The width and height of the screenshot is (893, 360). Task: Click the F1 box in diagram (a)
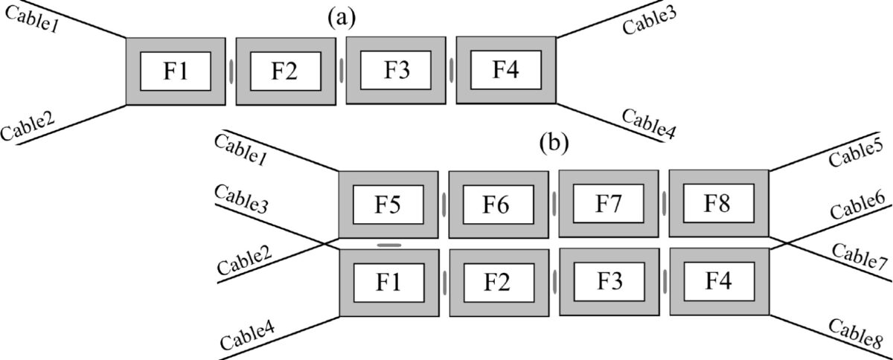176,71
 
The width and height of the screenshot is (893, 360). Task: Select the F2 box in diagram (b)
498,283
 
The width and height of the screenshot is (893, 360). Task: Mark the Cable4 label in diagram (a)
648,123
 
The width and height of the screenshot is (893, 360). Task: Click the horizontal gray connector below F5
388,244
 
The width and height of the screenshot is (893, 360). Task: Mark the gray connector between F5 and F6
444,204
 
